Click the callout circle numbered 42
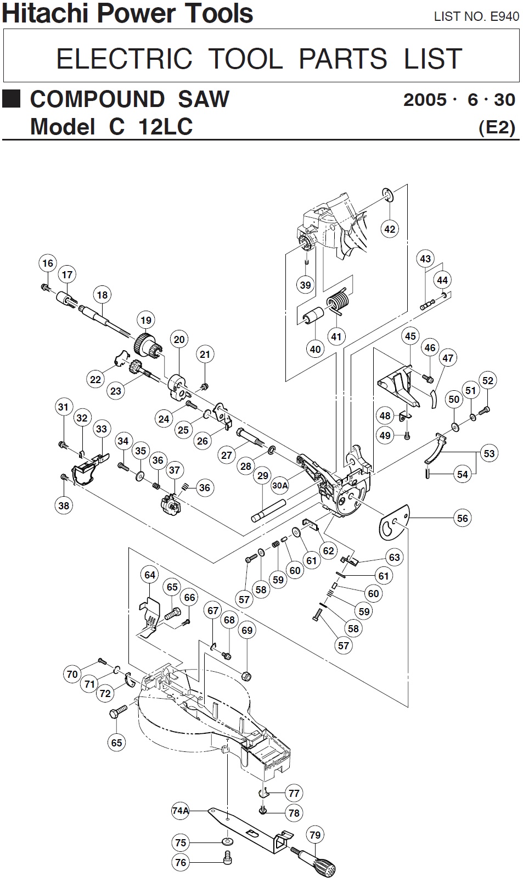coord(389,228)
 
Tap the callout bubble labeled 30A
coord(280,485)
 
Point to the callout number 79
coord(314,835)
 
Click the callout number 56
coord(463,518)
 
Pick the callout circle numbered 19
coord(145,320)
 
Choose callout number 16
coord(48,263)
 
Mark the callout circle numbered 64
coord(150,575)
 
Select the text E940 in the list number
coord(504,16)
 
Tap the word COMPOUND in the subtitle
coord(97,99)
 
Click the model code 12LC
coord(165,127)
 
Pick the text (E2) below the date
coord(497,127)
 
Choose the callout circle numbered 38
coord(64,505)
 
